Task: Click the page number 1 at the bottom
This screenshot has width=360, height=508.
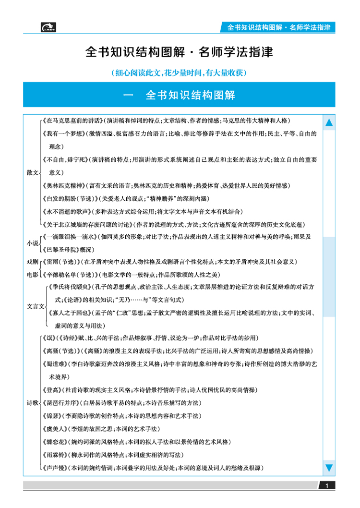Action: pyautogui.click(x=327, y=486)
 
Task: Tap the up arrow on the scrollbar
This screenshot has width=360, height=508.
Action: pyautogui.click(x=329, y=123)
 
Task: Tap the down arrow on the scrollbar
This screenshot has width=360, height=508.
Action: pyautogui.click(x=329, y=467)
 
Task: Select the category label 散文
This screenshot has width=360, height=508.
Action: pyautogui.click(x=32, y=172)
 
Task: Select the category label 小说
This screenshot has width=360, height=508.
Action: pyautogui.click(x=32, y=243)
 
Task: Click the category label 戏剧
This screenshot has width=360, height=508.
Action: pyautogui.click(x=32, y=262)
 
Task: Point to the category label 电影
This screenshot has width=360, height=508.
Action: pyautogui.click(x=32, y=275)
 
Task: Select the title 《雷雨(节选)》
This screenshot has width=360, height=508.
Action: pyautogui.click(x=61, y=262)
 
